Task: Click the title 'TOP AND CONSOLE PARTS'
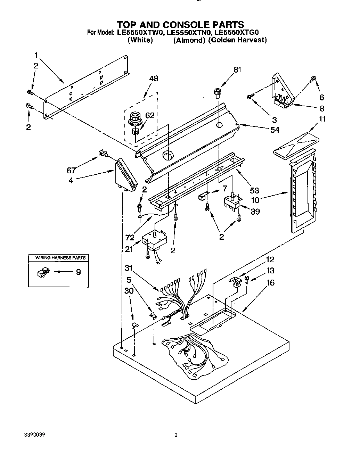[x=180, y=24]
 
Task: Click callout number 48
[x=153, y=79]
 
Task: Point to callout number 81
[x=237, y=69]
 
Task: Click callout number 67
[x=71, y=170]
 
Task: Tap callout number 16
[x=270, y=283]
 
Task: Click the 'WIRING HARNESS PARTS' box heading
[x=58, y=258]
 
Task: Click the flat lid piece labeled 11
[x=296, y=143]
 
